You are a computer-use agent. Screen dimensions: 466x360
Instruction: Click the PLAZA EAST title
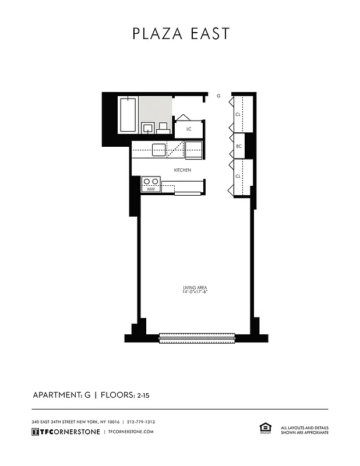[x=181, y=34]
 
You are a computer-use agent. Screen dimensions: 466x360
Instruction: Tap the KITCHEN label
[x=182, y=170]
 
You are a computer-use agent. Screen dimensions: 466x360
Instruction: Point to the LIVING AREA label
[x=195, y=288]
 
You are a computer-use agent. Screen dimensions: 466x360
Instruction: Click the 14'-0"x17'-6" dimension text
[x=195, y=292]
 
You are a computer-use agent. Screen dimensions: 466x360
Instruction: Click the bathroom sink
[x=148, y=128]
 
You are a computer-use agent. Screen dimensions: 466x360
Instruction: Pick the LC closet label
[x=189, y=129]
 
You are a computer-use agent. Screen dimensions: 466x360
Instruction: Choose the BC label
[x=238, y=146]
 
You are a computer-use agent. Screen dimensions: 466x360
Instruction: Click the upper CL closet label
[x=238, y=115]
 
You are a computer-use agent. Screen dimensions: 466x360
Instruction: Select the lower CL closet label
[x=238, y=176]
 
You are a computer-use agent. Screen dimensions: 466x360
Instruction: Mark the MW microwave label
[x=150, y=189]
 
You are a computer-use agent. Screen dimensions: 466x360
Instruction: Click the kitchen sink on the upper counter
[x=159, y=150]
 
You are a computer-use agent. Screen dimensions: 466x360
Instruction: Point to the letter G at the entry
[x=218, y=95]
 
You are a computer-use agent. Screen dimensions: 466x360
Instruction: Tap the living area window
[x=196, y=337]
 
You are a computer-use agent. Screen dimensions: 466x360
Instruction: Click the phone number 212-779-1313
[x=140, y=422]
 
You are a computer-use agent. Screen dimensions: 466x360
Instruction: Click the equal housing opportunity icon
[x=264, y=428]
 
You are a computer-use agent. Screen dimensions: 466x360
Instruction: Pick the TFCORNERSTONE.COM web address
[x=131, y=432]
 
